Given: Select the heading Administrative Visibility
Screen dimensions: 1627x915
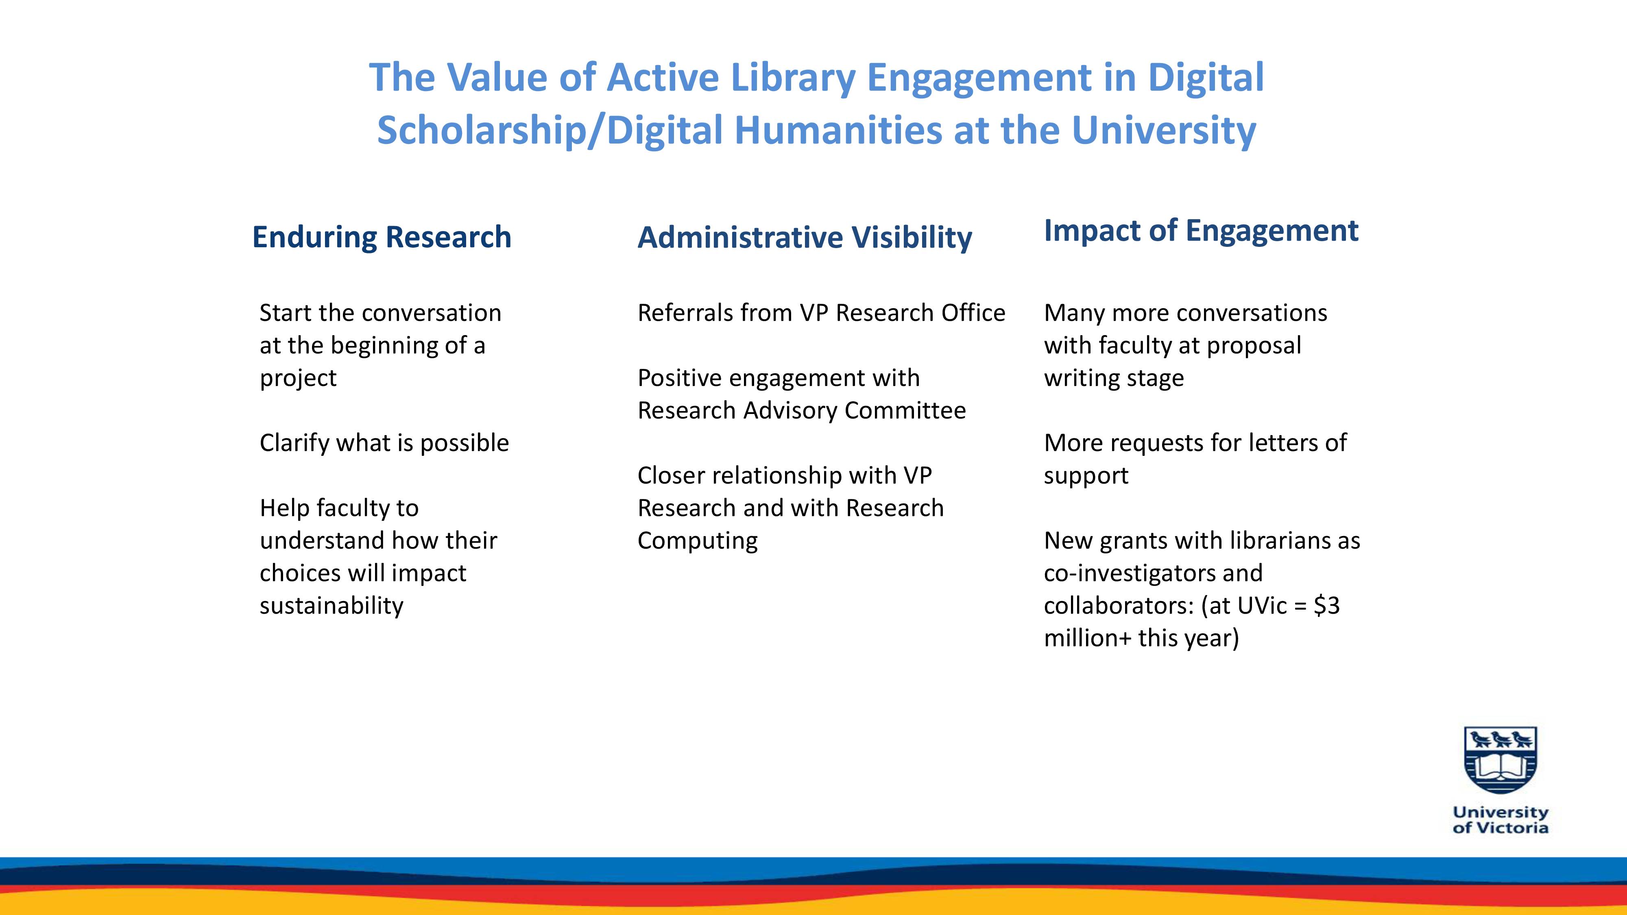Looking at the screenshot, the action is (805, 238).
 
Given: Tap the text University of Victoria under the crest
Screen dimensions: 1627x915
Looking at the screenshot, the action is (1501, 820).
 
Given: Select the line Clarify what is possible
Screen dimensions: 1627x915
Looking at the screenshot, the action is (384, 443).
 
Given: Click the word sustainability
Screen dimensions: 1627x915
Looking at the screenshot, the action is (332, 606).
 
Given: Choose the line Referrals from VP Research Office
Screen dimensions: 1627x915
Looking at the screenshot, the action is (821, 313).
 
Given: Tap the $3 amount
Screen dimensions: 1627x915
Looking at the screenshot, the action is (1326, 606).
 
